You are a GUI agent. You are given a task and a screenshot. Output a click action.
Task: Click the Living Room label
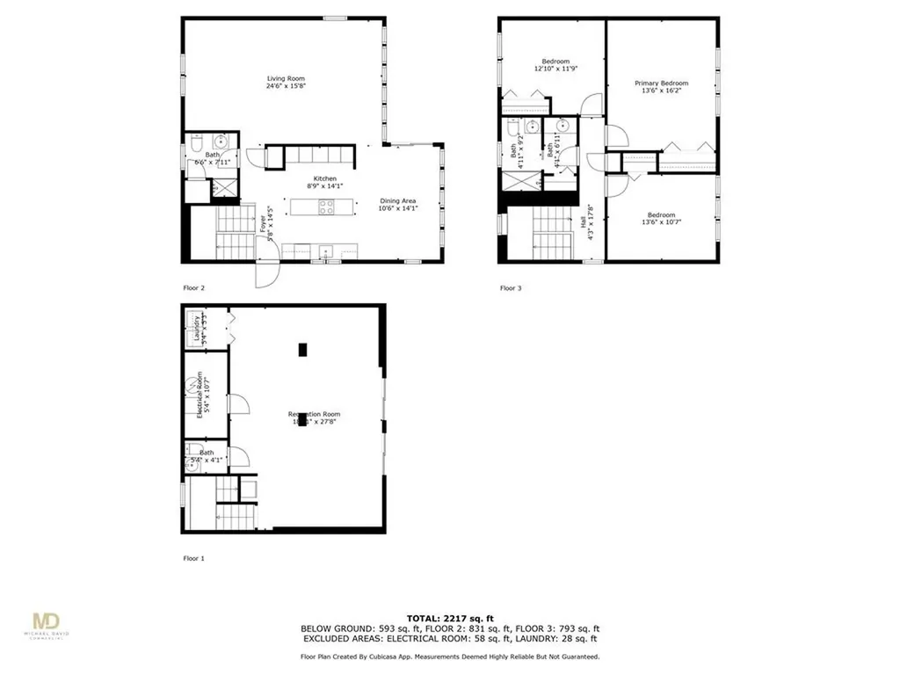(x=286, y=79)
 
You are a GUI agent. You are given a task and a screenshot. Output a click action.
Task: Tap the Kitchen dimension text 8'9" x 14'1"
(x=325, y=185)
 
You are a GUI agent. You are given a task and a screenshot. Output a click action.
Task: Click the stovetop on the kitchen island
(x=325, y=207)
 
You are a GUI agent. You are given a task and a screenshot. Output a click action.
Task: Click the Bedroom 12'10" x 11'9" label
(x=555, y=61)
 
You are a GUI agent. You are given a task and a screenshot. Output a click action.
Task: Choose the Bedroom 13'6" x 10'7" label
(x=661, y=215)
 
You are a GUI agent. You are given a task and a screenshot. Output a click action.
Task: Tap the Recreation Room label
(x=314, y=414)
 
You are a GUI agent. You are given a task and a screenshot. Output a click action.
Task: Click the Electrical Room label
(x=200, y=398)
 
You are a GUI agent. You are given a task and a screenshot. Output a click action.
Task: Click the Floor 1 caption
(x=193, y=558)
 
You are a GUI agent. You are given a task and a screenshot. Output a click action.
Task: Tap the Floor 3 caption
(x=510, y=287)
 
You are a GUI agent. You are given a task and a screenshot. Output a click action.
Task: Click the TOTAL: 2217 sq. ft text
(x=449, y=618)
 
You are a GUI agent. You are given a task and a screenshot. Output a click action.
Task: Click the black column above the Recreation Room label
(x=301, y=349)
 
